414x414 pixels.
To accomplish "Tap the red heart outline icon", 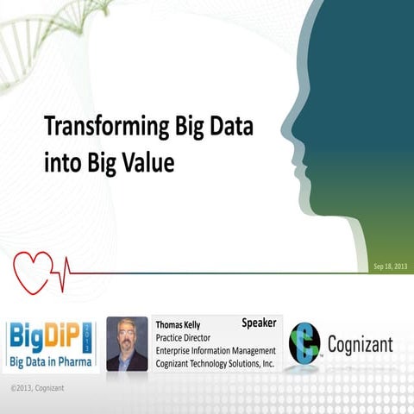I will click(x=36, y=267).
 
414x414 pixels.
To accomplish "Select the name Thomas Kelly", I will click(x=178, y=325).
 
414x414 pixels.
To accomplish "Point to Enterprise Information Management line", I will click(x=215, y=350).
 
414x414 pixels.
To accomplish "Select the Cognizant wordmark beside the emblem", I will click(x=360, y=345).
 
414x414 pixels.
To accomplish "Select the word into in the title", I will click(x=58, y=161).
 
